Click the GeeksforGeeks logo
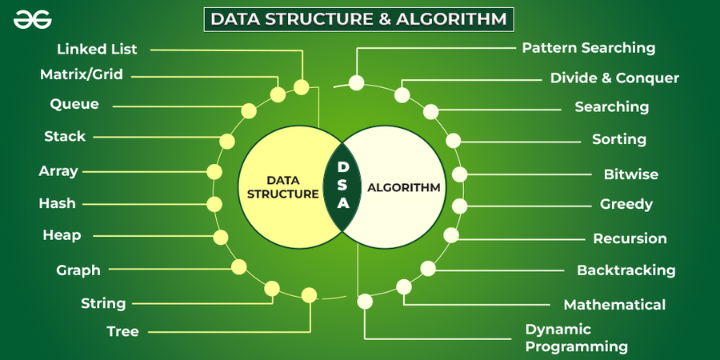pos(33,20)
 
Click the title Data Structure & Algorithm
pos(358,19)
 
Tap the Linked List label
pos(97,49)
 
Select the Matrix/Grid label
pos(82,74)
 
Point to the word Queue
pos(74,104)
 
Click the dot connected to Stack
pos(227,141)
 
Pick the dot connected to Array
pos(214,172)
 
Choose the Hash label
pos(58,203)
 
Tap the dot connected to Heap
pos(221,237)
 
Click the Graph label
pos(78,270)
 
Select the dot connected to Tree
pos(309,294)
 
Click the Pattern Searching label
pos(589,48)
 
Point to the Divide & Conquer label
pos(614,78)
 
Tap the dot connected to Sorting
pos(454,141)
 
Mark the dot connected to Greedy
pos(459,206)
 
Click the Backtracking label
pos(626,270)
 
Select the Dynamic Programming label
pos(577,338)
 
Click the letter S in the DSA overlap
pos(342,186)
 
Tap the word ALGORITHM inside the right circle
pos(404,187)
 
